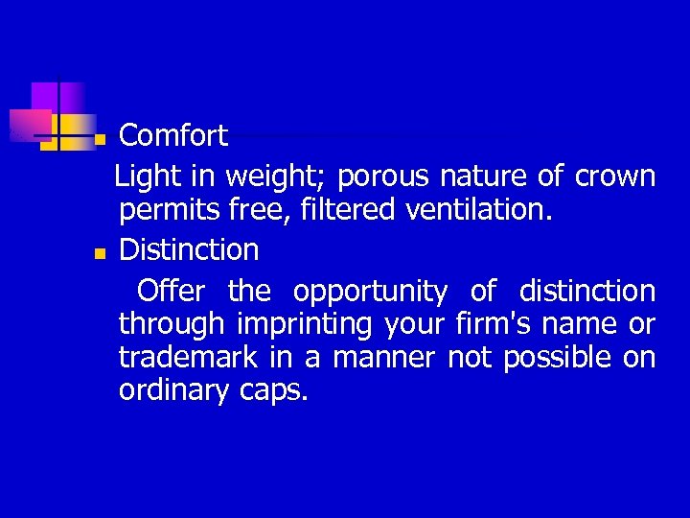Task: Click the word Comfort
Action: [173, 135]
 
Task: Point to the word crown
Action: [615, 177]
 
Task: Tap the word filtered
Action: [337, 211]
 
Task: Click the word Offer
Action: [171, 290]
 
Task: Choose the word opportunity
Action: [370, 292]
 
